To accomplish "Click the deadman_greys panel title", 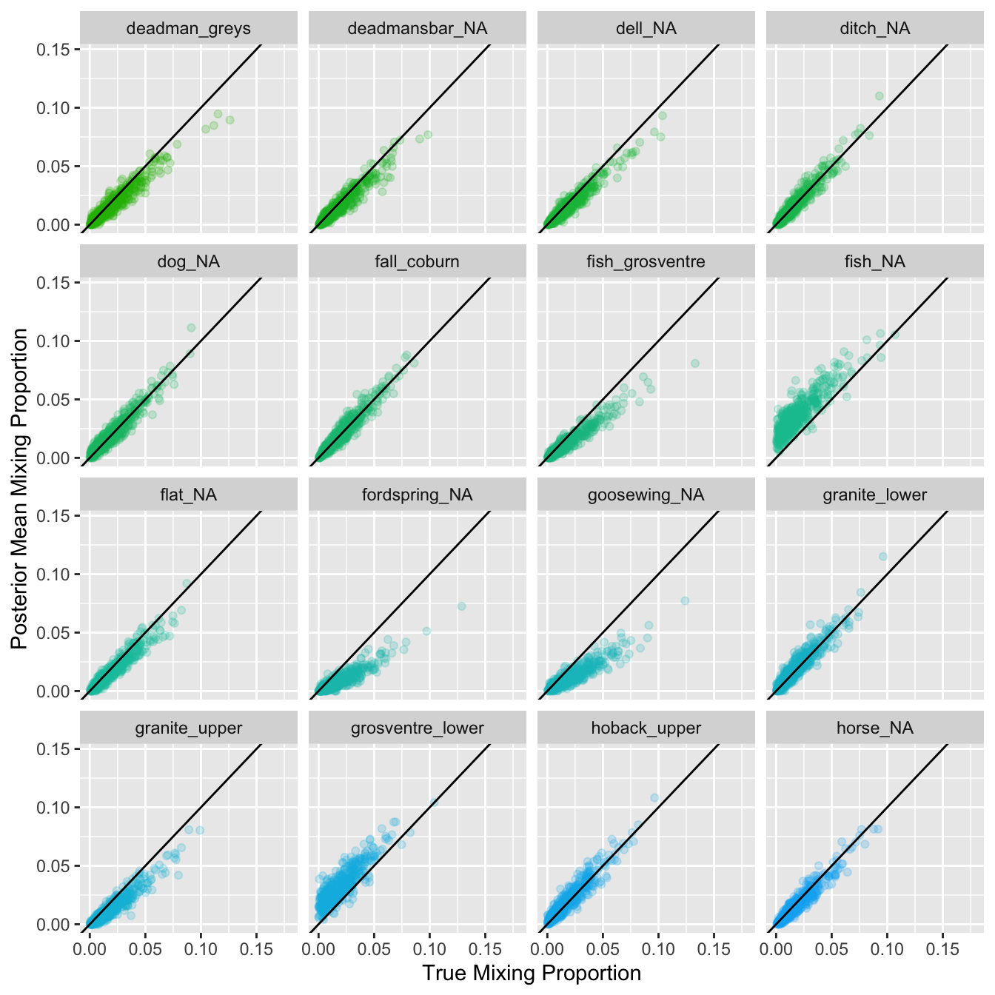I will (x=188, y=29).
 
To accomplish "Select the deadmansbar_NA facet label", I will (x=417, y=29).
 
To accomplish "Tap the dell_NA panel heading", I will (x=646, y=29).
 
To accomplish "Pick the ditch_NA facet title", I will (x=874, y=29).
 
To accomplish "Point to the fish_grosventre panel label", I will (x=646, y=262).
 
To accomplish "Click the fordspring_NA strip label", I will (x=417, y=495).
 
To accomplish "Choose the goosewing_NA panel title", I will (x=646, y=495).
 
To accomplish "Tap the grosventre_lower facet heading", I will (x=417, y=728).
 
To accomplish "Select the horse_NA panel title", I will (x=874, y=728).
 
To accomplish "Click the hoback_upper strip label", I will (x=646, y=728).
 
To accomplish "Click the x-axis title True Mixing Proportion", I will (x=532, y=973).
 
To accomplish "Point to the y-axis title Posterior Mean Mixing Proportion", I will (x=20, y=489).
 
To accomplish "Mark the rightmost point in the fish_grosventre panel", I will (x=695, y=364).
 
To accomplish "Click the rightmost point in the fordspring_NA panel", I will (x=462, y=606).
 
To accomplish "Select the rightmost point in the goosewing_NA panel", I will (x=685, y=600).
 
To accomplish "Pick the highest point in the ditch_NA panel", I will (x=880, y=96).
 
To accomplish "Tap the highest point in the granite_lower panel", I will (x=882, y=556).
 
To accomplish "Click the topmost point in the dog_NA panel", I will (x=191, y=327).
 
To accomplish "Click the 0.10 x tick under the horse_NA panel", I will (x=887, y=949).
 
